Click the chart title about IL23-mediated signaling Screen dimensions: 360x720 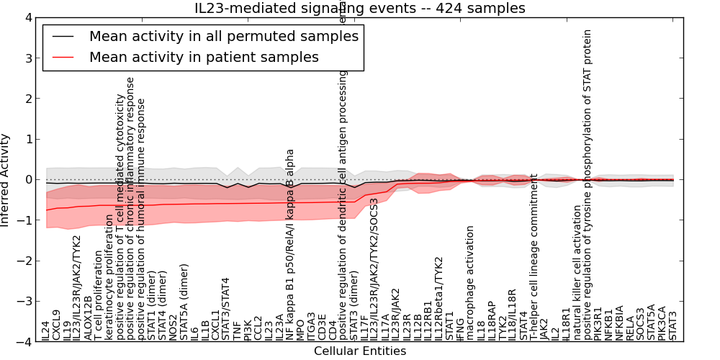pyautogui.click(x=359, y=8)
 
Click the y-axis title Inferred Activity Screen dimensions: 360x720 pyautogui.click(x=6, y=179)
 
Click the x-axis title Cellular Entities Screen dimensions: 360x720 pyautogui.click(x=359, y=351)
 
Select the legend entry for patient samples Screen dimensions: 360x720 pyautogui.click(x=204, y=57)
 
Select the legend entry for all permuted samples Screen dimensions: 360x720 pyautogui.click(x=223, y=35)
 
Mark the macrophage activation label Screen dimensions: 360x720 pyautogui.click(x=471, y=283)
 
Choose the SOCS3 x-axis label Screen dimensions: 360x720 pyautogui.click(x=640, y=325)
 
